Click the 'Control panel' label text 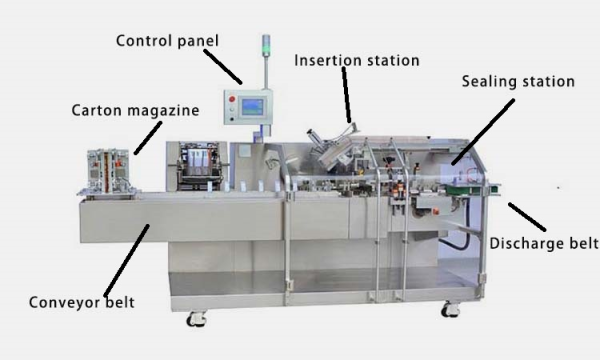(166, 41)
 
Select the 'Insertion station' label (355, 60)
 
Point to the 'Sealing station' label (518, 81)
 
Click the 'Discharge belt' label (543, 243)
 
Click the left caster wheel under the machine (197, 319)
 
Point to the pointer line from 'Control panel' (227, 66)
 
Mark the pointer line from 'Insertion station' (347, 100)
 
